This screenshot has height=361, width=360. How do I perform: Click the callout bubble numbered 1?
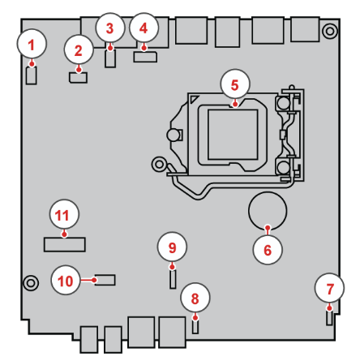(x=32, y=44)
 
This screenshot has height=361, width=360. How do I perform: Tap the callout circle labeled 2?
(x=79, y=50)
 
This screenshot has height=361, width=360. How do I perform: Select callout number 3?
(x=109, y=28)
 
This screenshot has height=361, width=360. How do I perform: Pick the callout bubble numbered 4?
(x=144, y=28)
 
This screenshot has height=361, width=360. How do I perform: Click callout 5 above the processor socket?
(x=235, y=84)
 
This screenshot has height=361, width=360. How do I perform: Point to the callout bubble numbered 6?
(x=268, y=250)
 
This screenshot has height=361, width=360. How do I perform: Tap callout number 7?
(x=329, y=289)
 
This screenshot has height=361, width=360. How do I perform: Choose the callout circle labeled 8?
(x=195, y=298)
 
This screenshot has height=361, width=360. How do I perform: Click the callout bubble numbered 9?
(x=172, y=247)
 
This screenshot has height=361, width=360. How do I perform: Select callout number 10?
(x=66, y=281)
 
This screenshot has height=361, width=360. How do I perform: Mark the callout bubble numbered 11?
(x=64, y=215)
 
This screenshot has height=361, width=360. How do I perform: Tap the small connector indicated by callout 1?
(x=32, y=75)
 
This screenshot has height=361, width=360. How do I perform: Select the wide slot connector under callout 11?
(x=65, y=244)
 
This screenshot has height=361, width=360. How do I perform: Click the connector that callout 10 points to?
(x=105, y=280)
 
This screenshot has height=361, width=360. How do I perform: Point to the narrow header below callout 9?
(x=173, y=279)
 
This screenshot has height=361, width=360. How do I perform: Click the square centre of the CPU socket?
(x=233, y=135)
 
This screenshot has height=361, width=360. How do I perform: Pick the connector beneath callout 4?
(x=145, y=57)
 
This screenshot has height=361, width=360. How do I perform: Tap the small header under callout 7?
(x=329, y=318)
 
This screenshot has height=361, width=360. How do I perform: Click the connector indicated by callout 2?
(x=79, y=78)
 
